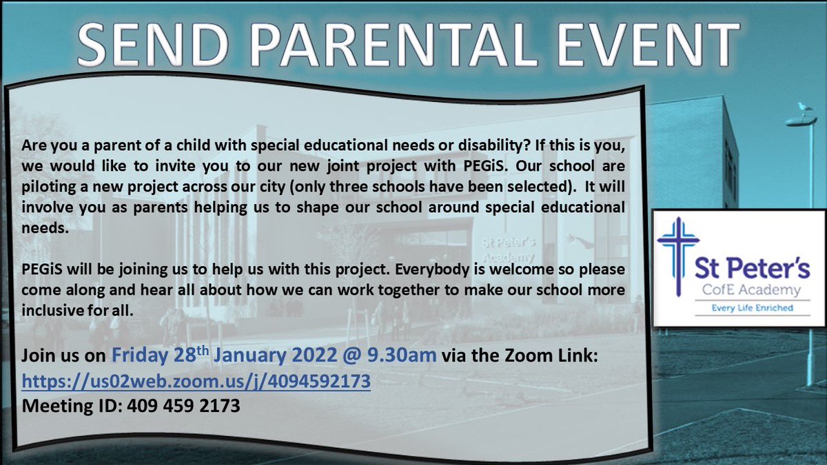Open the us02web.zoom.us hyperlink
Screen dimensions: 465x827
[x=196, y=380]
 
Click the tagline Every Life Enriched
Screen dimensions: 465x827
[x=743, y=308]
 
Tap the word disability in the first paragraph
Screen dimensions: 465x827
[x=493, y=148]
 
